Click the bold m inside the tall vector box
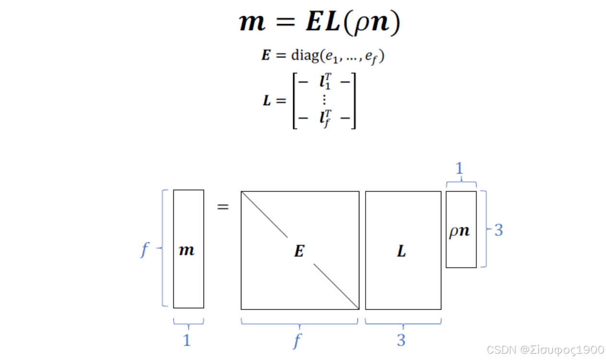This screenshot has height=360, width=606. click(187, 250)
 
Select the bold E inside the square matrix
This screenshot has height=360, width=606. click(299, 251)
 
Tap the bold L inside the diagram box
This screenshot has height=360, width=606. click(402, 251)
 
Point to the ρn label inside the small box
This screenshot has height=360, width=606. click(460, 231)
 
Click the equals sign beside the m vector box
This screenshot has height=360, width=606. click(223, 208)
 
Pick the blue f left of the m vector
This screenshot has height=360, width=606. click(144, 250)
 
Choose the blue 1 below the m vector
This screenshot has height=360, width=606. click(187, 340)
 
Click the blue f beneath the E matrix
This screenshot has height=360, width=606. click(297, 341)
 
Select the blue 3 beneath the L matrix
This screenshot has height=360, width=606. click(401, 340)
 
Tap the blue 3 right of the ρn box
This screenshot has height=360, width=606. click(499, 230)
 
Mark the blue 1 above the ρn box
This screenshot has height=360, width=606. click(460, 168)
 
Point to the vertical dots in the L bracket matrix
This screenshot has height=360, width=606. click(324, 99)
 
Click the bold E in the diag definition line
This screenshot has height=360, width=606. click(266, 56)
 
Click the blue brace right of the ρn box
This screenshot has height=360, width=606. click(485, 229)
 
